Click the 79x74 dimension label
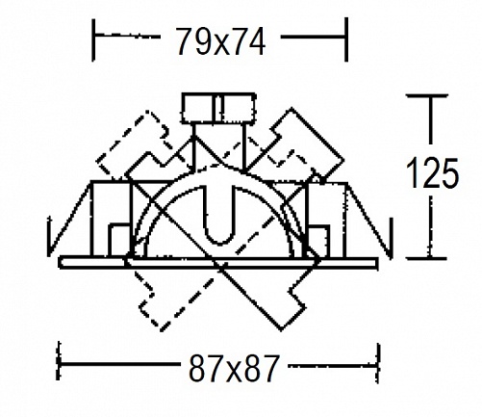point(220,40)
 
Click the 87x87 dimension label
point(233,368)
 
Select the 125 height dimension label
point(432,173)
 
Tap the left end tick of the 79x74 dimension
point(93,39)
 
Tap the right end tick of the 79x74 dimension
point(346,39)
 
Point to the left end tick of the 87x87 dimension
point(59,361)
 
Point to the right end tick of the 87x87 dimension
point(378,363)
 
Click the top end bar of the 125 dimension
point(427,95)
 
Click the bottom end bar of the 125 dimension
point(426,258)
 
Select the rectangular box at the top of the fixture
point(218,108)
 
